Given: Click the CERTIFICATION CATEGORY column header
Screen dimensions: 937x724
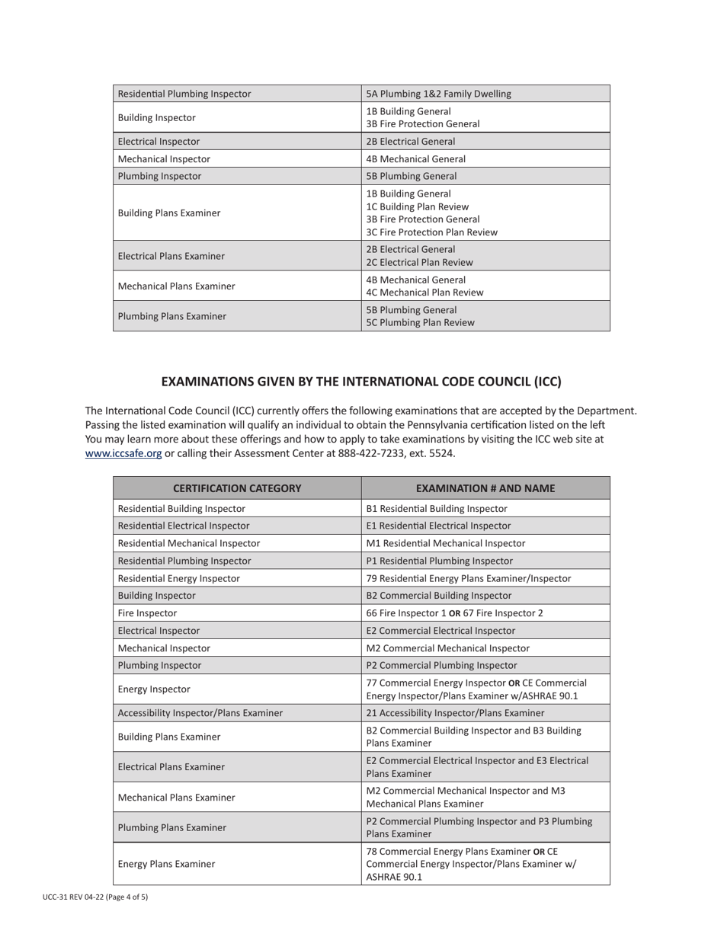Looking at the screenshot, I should coord(237,488).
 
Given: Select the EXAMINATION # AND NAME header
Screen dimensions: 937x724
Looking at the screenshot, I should coord(485,488).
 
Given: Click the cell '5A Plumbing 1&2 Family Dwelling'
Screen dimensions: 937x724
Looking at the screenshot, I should coord(438,94).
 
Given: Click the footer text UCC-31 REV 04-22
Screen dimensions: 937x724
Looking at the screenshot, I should coord(73,897).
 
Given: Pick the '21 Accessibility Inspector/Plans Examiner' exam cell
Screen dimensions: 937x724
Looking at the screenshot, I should coord(455,713).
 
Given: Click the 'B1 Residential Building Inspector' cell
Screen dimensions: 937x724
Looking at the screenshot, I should coord(437,508).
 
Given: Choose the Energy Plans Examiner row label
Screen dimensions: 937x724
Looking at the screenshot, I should coord(166,864).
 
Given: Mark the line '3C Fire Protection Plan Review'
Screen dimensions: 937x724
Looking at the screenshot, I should coord(431,232).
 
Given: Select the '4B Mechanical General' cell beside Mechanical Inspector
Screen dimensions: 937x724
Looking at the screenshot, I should coord(415,159).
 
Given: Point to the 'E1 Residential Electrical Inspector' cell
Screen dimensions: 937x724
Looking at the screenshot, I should coord(438,526).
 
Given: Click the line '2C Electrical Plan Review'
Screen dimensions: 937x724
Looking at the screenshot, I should coord(419,262).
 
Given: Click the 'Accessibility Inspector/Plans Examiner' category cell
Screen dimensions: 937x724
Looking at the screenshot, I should coord(200,713).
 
